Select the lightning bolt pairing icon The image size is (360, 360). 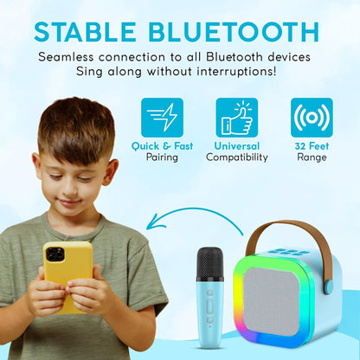click(x=162, y=118)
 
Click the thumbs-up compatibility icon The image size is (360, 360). click(x=236, y=118)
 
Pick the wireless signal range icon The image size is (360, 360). click(x=311, y=118)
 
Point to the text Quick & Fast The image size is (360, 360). click(x=162, y=146)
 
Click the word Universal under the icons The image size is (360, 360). click(x=236, y=146)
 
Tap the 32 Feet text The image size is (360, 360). click(x=312, y=146)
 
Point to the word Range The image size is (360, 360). click(x=312, y=157)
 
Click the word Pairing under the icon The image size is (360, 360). click(x=162, y=157)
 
